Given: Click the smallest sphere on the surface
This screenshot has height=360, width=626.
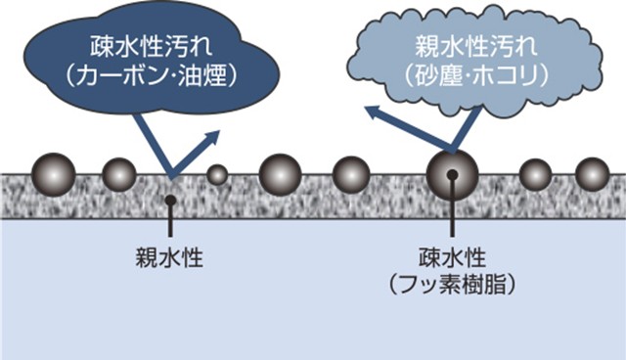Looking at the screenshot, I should click(x=217, y=174).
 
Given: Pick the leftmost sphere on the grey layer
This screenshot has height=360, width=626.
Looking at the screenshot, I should click(x=52, y=172).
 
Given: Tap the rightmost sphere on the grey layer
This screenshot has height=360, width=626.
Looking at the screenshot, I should click(x=592, y=174).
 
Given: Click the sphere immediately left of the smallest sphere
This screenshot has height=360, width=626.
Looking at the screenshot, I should click(x=119, y=174).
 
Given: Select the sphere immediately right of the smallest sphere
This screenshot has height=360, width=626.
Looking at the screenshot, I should click(x=281, y=173).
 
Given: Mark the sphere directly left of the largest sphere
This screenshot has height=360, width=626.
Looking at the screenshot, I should click(x=351, y=174).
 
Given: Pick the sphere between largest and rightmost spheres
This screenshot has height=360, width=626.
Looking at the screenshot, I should click(x=535, y=174).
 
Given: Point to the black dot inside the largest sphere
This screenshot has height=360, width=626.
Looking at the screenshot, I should click(x=452, y=174).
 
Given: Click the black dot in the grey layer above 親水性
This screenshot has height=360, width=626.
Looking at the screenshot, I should click(x=170, y=200).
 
